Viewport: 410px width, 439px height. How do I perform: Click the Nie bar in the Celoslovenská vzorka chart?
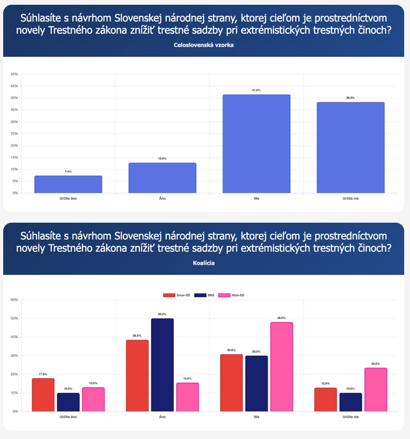pyautogui.click(x=257, y=144)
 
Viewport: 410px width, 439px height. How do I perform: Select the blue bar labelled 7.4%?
pyautogui.click(x=68, y=185)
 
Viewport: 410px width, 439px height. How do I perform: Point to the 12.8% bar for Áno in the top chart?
pyautogui.click(x=162, y=178)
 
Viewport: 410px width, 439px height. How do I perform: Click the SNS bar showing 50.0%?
pyautogui.click(x=162, y=365)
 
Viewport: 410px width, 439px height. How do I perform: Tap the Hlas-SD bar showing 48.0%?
pyautogui.click(x=281, y=367)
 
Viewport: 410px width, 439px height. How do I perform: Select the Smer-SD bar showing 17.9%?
pyautogui.click(x=43, y=395)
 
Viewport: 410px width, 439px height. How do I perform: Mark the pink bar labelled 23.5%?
pyautogui.click(x=375, y=389)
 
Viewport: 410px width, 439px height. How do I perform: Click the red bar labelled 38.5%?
pyautogui.click(x=137, y=376)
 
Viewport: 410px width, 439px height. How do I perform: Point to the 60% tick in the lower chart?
pyautogui.click(x=14, y=300)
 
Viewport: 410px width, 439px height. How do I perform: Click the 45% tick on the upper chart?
pyautogui.click(x=14, y=86)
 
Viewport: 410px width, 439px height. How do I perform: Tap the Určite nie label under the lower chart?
pyautogui.click(x=350, y=417)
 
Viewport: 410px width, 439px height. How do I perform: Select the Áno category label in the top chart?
pyautogui.click(x=162, y=198)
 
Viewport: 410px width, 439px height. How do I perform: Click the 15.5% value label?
pyautogui.click(x=187, y=379)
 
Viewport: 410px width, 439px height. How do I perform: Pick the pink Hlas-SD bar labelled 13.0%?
pyautogui.click(x=93, y=399)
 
